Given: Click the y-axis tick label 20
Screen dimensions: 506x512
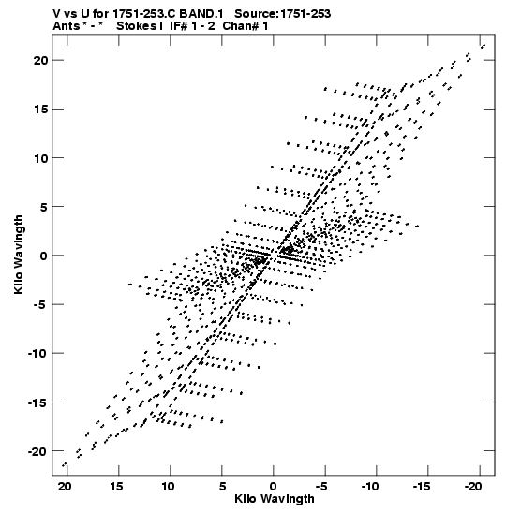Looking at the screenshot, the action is click(x=40, y=60).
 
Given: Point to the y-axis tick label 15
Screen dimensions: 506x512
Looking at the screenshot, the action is click(x=40, y=110).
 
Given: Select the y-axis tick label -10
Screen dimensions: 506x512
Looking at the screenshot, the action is click(x=37, y=353).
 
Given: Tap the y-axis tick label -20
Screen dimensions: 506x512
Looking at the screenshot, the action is click(x=37, y=451).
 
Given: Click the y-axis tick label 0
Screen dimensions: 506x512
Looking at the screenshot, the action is click(x=44, y=256).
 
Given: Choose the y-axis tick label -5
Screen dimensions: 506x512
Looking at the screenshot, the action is click(x=41, y=304).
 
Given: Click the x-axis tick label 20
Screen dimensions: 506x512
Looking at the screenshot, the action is click(x=65, y=487).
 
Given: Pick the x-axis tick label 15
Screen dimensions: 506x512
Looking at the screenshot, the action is click(x=116, y=487).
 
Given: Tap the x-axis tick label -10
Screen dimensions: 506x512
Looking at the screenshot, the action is click(x=371, y=487).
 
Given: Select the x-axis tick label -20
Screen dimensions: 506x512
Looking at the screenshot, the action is click(x=474, y=487).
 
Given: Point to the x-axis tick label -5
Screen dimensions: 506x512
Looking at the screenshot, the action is click(x=322, y=487).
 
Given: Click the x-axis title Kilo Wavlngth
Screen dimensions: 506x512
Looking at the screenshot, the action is click(x=275, y=499).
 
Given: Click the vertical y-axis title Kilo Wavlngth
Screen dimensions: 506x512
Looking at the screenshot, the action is click(x=19, y=255).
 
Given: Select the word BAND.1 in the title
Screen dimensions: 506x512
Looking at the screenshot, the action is click(x=201, y=14).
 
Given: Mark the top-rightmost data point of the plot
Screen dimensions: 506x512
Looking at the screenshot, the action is click(x=483, y=46).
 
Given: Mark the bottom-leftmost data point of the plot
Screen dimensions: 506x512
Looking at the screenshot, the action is click(x=65, y=464).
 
